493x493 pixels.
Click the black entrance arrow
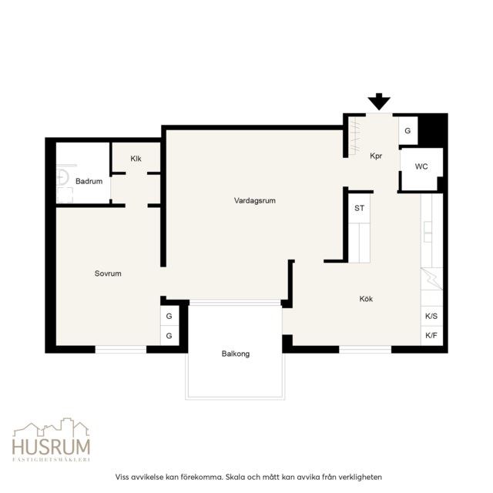pyautogui.click(x=379, y=101)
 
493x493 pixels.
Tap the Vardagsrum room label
pyautogui.click(x=255, y=200)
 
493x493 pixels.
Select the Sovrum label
pyautogui.click(x=108, y=273)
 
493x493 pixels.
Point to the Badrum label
pyautogui.click(x=89, y=181)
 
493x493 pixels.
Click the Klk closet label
pyautogui.click(x=136, y=159)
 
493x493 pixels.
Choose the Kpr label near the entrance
pyautogui.click(x=376, y=156)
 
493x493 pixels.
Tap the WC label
pyautogui.click(x=421, y=166)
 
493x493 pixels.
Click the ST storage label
pyautogui.click(x=360, y=208)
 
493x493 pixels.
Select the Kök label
pyautogui.click(x=366, y=298)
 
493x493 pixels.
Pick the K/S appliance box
pyautogui.click(x=431, y=317)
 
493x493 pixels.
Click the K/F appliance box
pyautogui.click(x=431, y=336)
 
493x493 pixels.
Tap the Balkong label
pyautogui.click(x=236, y=354)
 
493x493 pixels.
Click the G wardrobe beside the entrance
pyautogui.click(x=407, y=130)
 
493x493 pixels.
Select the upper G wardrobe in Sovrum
pyautogui.click(x=169, y=316)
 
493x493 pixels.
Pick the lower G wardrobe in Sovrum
pyautogui.click(x=169, y=336)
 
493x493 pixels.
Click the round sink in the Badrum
pyautogui.click(x=62, y=176)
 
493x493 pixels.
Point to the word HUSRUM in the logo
pyautogui.click(x=52, y=446)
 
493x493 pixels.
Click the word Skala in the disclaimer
pyautogui.click(x=236, y=477)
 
